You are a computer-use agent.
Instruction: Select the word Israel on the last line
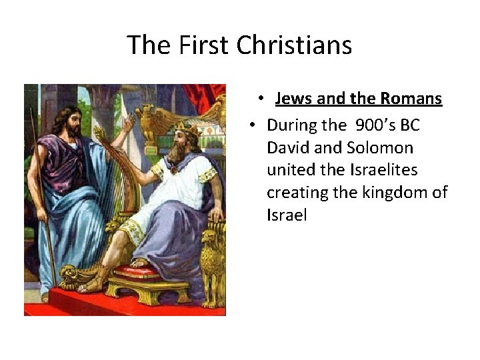coord(286,216)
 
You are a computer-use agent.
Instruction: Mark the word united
coord(291,170)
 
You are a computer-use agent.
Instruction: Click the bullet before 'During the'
coord(253,125)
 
